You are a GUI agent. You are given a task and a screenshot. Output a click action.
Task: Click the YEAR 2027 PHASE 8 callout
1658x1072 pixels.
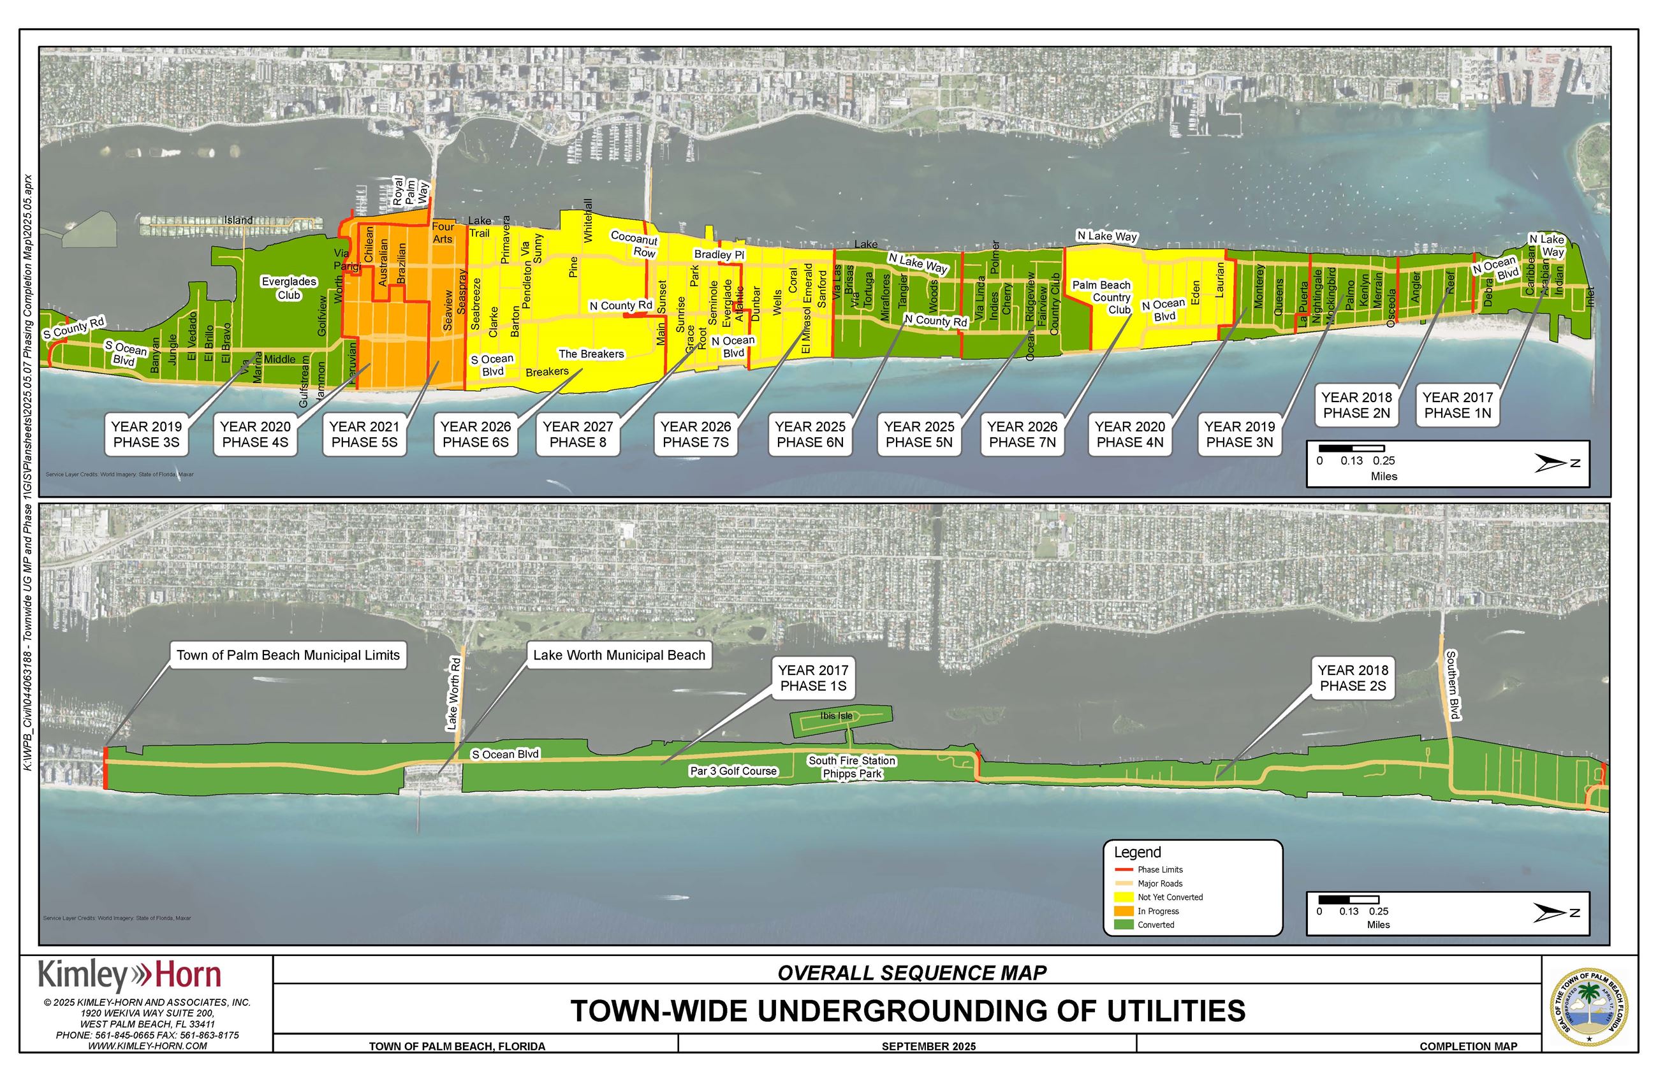click(x=577, y=435)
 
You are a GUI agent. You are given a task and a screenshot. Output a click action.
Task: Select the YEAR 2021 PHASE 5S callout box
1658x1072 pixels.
click(x=364, y=435)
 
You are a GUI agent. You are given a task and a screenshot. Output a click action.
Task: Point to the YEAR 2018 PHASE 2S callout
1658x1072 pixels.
click(x=1353, y=678)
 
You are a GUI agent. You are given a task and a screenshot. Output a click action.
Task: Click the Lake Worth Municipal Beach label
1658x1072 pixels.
click(x=619, y=655)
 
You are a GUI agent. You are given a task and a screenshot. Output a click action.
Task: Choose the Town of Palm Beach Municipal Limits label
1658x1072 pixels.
click(x=288, y=655)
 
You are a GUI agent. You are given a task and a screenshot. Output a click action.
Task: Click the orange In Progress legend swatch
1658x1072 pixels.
click(x=1123, y=911)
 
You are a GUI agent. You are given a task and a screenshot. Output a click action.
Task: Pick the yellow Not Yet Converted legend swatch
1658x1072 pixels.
click(x=1123, y=897)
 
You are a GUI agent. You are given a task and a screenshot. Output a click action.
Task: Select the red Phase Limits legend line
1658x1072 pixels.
click(x=1123, y=869)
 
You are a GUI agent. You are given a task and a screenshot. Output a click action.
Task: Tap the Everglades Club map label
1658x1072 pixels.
click(x=289, y=288)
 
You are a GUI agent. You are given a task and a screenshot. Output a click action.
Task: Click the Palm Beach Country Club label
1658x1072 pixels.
click(x=1102, y=297)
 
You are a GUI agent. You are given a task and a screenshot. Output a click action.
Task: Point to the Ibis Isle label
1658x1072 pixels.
click(x=835, y=716)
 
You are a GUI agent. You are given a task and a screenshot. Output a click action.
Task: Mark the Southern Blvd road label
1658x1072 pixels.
click(x=1452, y=685)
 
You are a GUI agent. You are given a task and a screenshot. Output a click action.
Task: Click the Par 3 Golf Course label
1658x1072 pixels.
click(x=733, y=771)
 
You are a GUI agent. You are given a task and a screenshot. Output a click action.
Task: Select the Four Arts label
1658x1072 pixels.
click(x=443, y=233)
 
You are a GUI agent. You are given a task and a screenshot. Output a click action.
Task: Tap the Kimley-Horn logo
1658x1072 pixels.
click(x=129, y=975)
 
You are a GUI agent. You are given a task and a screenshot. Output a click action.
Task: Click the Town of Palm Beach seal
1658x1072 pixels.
click(x=1588, y=1006)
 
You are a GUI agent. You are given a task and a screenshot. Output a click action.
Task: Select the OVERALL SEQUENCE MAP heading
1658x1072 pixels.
click(x=911, y=973)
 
